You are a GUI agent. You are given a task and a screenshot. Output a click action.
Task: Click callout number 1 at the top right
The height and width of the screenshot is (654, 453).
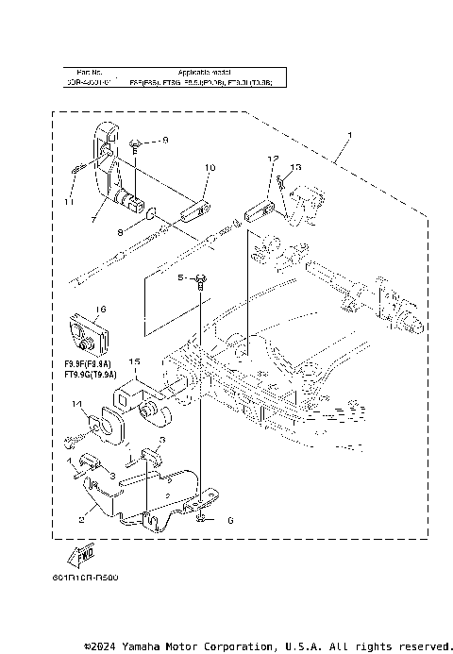click(x=350, y=136)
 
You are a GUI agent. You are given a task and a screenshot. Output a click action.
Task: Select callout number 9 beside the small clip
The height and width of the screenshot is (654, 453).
click(x=163, y=140)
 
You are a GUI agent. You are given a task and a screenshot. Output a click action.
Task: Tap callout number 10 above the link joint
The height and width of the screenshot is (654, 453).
click(x=210, y=168)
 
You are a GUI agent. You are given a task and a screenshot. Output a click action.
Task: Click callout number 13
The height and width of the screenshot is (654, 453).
click(x=295, y=167)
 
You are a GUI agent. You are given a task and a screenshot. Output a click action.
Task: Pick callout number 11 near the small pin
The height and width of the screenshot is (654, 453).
click(x=68, y=202)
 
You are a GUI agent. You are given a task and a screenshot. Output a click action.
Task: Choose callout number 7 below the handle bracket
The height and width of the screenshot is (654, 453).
click(x=92, y=218)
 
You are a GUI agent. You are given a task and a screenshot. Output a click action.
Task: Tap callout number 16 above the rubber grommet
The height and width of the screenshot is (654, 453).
click(x=100, y=309)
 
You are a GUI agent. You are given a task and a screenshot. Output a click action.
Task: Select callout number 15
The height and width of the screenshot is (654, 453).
click(x=134, y=361)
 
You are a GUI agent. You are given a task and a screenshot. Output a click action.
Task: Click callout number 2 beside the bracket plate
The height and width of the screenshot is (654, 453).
click(x=81, y=518)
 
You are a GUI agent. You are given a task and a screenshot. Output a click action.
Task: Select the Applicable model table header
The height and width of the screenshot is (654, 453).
click(x=202, y=72)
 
